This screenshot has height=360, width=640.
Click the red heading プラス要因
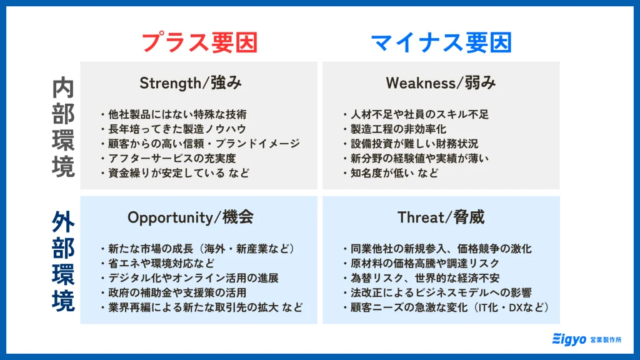[x=199, y=42]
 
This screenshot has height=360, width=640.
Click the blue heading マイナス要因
[x=441, y=42]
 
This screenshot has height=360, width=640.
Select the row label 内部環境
[x=62, y=127]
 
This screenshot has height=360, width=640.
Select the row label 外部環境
[x=62, y=262]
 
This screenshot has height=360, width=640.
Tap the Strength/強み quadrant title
[x=190, y=83]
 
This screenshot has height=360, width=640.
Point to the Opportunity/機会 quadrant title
[x=190, y=217]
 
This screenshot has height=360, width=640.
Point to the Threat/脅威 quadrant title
[x=441, y=217]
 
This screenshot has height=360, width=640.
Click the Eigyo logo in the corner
[x=587, y=339]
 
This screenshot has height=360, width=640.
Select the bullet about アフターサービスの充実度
[x=172, y=158]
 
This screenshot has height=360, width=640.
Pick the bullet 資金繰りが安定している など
[x=178, y=173]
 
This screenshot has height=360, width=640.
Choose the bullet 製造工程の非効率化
[x=404, y=129]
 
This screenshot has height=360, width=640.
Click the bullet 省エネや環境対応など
[x=166, y=263]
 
